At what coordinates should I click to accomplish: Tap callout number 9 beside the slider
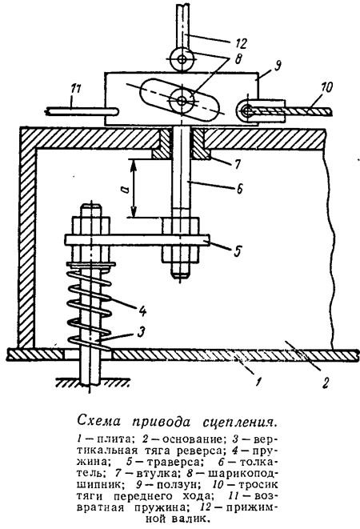(278, 65)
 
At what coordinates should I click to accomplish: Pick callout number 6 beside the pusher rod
(239, 189)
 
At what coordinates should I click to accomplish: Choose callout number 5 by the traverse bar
(238, 251)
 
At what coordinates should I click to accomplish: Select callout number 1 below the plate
(258, 383)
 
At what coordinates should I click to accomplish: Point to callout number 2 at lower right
(325, 383)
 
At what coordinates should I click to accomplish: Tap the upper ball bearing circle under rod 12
(182, 60)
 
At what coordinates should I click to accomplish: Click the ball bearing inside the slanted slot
(182, 101)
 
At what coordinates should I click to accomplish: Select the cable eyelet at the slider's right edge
(246, 110)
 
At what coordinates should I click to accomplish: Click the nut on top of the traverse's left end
(90, 226)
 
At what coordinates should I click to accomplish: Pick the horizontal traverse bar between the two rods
(137, 240)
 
